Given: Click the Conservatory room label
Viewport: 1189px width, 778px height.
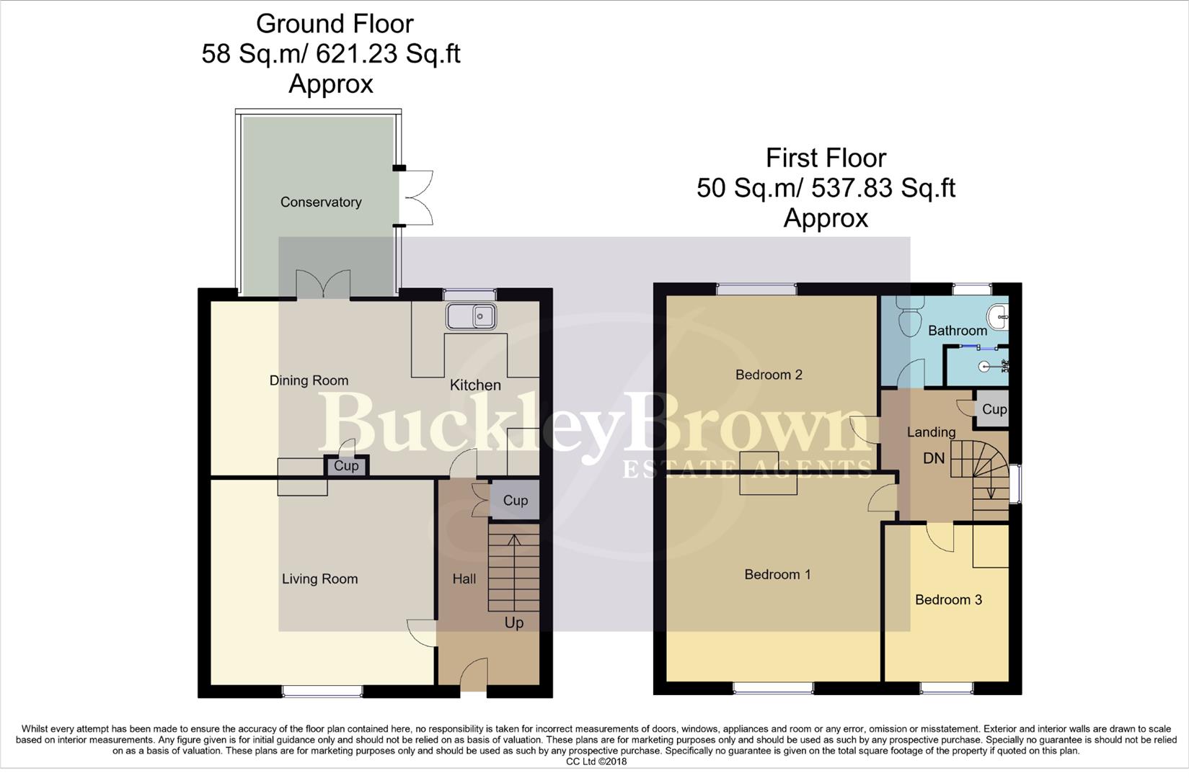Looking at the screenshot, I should tap(321, 202).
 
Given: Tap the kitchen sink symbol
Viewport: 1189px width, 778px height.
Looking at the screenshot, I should tap(470, 316).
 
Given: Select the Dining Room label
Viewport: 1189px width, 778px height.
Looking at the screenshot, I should tap(309, 380).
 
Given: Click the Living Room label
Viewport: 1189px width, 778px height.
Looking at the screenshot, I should tap(319, 579).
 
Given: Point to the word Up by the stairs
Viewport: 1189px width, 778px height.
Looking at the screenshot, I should tap(513, 622).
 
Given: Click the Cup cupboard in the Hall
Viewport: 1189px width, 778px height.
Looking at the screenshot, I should tap(515, 501).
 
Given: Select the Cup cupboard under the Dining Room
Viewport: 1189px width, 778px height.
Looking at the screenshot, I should tap(346, 466).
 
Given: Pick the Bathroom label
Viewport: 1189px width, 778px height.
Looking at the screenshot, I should tap(957, 331).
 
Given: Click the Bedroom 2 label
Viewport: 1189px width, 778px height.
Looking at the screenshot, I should tap(769, 375).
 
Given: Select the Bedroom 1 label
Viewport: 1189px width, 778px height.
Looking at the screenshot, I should tap(777, 575).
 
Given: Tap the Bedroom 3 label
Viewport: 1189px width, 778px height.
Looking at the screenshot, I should tap(948, 600).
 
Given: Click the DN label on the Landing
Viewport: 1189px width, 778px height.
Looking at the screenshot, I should tap(934, 458).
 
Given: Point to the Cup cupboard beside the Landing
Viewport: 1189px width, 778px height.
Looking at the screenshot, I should tap(994, 409).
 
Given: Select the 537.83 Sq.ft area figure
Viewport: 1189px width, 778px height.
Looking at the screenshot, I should tap(883, 188).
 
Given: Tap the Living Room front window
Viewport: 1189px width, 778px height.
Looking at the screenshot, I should tap(322, 691).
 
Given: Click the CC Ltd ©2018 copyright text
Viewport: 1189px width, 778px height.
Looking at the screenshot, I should tap(596, 761).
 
